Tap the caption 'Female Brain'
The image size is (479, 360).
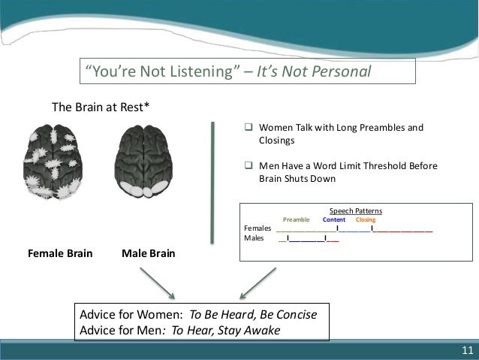60,254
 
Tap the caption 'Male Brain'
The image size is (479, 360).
148,254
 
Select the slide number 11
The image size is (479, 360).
468,350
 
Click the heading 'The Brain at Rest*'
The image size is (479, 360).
100,107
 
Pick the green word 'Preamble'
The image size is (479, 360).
296,220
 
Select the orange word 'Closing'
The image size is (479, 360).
366,220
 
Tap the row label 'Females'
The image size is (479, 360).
258,229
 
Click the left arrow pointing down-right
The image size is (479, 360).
155,283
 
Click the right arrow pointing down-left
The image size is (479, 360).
257,283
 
